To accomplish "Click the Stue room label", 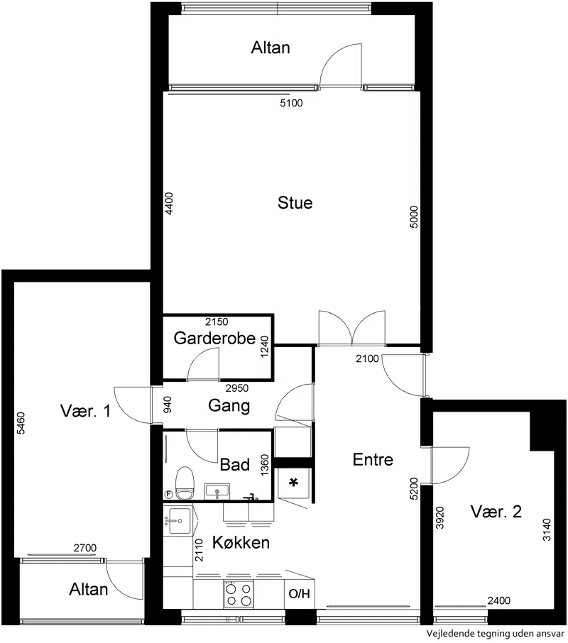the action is [295, 202].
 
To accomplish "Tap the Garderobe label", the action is [214, 339].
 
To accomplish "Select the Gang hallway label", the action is [229, 406].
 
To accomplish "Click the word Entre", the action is [373, 460].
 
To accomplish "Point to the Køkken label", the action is [241, 542].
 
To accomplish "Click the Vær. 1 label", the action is [85, 411].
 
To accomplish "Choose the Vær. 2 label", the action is [496, 512].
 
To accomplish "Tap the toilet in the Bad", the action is [185, 483].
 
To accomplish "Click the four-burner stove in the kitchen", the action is [239, 594].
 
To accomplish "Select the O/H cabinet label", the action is [300, 594].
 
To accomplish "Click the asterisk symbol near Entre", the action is [293, 483].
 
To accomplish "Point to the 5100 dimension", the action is [291, 103].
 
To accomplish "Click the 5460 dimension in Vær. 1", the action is [21, 423].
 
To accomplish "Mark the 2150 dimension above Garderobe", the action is [217, 322].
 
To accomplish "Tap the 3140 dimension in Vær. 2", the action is [547, 530].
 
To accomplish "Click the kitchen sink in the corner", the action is [177, 521].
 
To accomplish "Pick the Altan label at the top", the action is [271, 48].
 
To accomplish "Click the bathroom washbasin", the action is [217, 491].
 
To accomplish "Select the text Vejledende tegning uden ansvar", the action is [495, 634].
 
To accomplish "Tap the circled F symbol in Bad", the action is [168, 495].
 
